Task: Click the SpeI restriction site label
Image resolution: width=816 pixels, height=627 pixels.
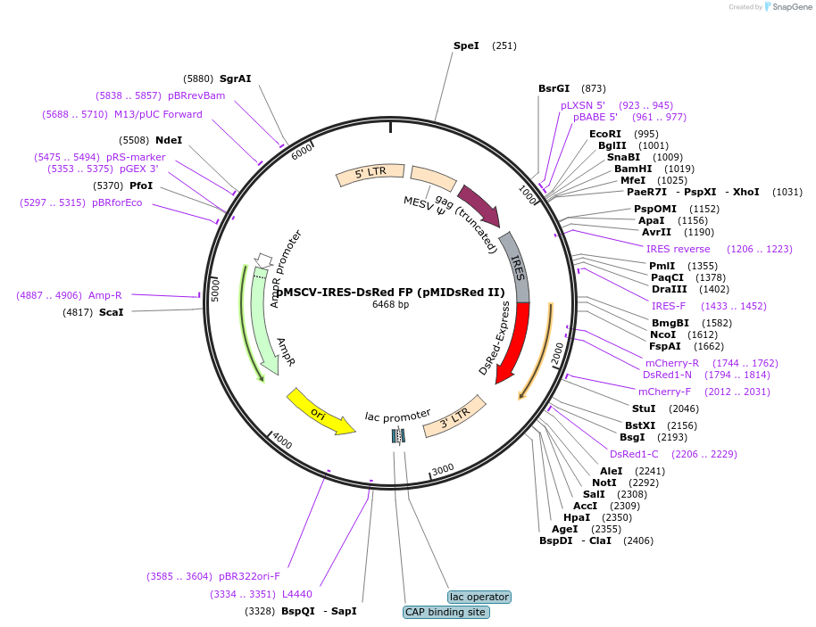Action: (466, 45)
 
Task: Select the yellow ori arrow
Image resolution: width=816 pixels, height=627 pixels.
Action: (320, 413)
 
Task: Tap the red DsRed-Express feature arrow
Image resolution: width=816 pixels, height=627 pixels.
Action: (512, 342)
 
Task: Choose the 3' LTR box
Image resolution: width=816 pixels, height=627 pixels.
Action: (454, 416)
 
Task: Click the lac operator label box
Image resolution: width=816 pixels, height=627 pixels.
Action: (479, 597)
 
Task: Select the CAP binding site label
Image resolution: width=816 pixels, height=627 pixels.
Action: (445, 612)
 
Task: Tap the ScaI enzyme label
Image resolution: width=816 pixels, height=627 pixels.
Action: (112, 312)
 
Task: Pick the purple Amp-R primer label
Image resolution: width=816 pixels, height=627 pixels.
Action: (104, 295)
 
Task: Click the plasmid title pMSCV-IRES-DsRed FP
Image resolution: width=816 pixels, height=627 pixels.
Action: (390, 292)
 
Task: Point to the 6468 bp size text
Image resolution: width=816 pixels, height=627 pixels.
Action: (390, 305)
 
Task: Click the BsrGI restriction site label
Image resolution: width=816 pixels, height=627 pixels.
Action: (554, 88)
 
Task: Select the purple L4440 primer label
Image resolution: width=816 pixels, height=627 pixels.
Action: (296, 594)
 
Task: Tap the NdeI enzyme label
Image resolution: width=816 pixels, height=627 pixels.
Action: (169, 140)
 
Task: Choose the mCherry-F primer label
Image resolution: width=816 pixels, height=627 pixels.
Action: (664, 392)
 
